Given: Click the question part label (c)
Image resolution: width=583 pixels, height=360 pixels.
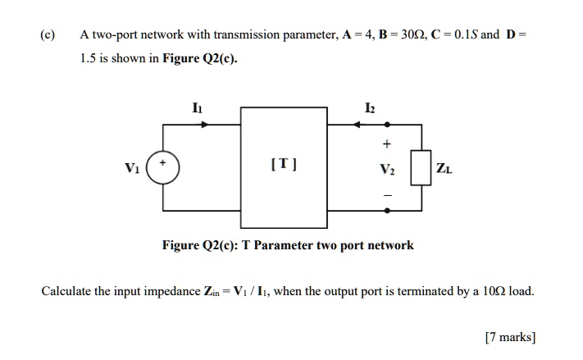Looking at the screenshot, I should (x=48, y=35).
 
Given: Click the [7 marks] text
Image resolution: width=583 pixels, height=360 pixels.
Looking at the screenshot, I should (x=510, y=336).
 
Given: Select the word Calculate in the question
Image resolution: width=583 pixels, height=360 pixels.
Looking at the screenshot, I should (x=66, y=291).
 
